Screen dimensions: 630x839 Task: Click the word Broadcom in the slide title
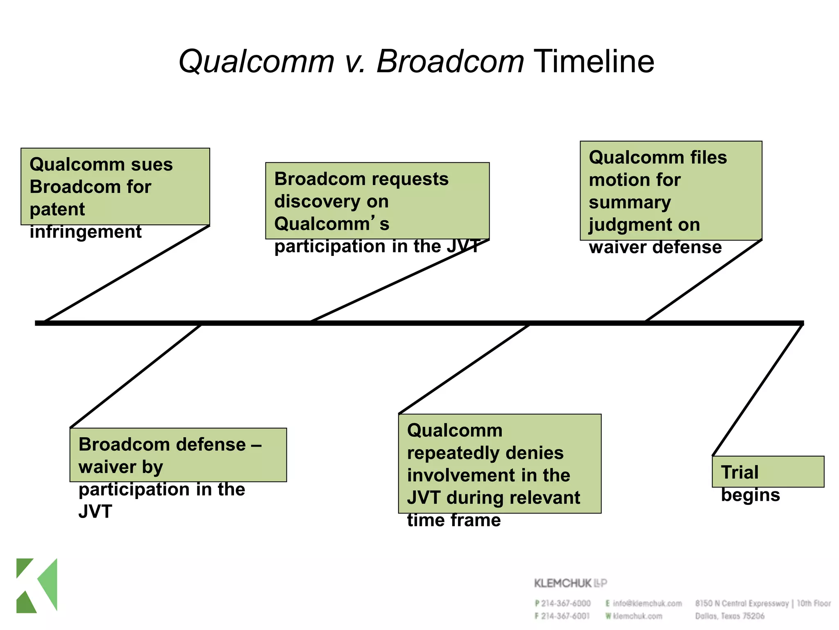[x=450, y=62]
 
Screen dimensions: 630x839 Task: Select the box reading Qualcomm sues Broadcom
[x=115, y=186]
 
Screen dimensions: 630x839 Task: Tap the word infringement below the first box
[x=86, y=232]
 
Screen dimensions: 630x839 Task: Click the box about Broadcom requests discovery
[x=377, y=201]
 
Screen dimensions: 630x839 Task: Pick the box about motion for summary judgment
[x=671, y=190]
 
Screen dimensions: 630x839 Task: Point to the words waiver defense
[x=655, y=247]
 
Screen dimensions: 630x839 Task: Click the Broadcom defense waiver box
[x=178, y=454]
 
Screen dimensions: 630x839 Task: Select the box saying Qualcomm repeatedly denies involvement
[x=499, y=463]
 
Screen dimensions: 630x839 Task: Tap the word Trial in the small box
[x=740, y=472]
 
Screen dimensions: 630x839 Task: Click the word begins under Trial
[x=750, y=495]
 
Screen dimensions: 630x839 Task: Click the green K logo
[x=37, y=585]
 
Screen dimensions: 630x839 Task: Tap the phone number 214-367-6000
[x=566, y=603]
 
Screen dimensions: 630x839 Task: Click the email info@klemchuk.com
[x=647, y=603]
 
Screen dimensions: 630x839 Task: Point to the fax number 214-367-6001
[x=565, y=616]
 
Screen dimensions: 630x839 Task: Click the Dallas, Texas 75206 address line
[x=730, y=616]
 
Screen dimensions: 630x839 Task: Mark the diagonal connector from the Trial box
[x=757, y=390]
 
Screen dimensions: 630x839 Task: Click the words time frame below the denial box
[x=454, y=520]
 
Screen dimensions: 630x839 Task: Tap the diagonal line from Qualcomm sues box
[x=127, y=274]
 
